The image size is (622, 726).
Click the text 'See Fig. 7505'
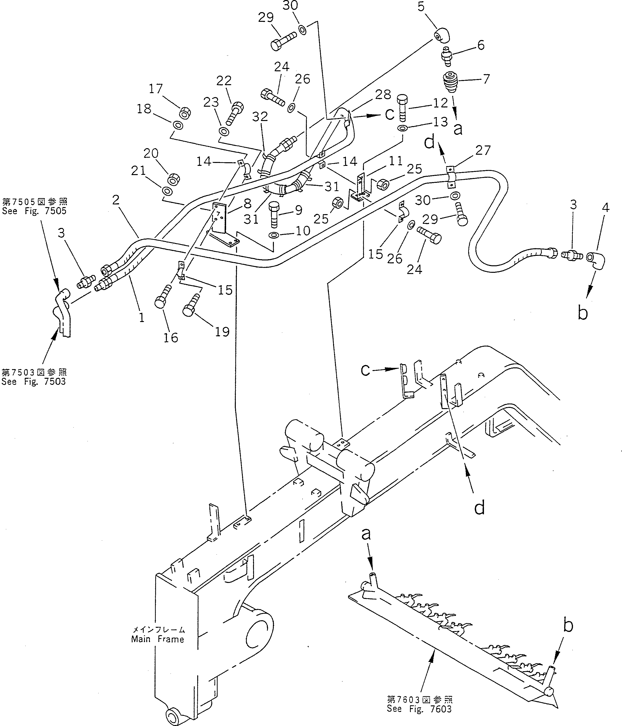point(34,211)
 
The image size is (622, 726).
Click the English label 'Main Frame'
point(158,639)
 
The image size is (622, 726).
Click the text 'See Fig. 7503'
point(34,382)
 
